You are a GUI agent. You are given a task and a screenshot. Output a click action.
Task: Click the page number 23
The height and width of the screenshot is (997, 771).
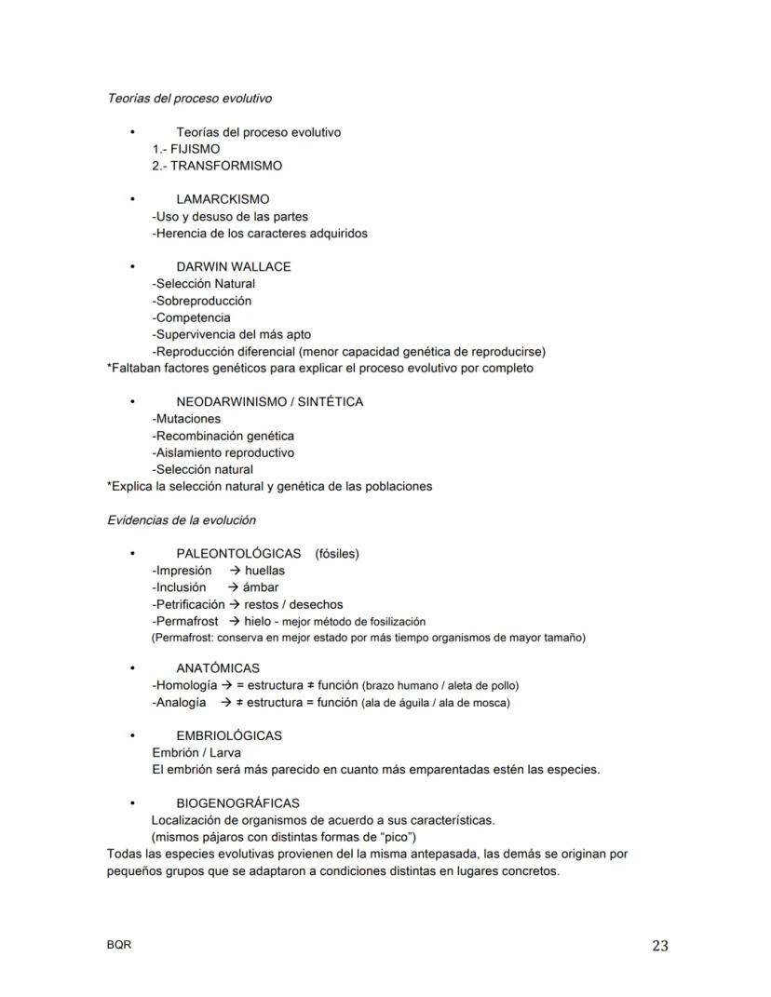point(659,946)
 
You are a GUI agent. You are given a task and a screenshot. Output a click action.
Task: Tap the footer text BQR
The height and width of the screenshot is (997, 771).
point(119,945)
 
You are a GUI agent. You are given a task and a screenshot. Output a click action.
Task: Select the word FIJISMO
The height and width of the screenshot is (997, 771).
point(196,149)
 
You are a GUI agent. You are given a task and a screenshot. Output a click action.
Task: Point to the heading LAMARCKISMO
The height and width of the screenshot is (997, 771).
point(223,199)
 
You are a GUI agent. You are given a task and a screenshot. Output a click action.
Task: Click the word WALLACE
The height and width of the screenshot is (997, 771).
point(260,267)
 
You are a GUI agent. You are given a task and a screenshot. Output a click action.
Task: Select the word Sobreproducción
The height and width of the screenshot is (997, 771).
point(203,301)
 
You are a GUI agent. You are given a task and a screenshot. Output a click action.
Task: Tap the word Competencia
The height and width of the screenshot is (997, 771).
point(193,317)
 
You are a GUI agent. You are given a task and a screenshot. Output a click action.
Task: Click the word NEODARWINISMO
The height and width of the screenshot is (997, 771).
point(230,402)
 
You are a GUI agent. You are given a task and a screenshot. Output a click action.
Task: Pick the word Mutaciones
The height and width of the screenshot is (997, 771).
point(188,419)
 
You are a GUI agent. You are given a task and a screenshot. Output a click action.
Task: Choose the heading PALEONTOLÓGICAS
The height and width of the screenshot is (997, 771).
point(238,554)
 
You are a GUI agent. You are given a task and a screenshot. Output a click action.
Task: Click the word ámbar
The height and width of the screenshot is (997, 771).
point(261,587)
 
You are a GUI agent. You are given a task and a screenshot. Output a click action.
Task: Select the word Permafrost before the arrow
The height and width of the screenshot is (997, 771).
point(187,621)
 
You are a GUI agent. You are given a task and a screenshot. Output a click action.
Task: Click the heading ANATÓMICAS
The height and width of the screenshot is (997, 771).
point(218,668)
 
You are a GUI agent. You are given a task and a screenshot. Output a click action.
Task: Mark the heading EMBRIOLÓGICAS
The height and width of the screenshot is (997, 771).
point(229,735)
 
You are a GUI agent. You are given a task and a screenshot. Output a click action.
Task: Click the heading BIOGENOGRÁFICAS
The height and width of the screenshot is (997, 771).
point(237,802)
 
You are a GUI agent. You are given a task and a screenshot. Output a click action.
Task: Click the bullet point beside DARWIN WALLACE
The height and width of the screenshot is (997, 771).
point(133,267)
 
